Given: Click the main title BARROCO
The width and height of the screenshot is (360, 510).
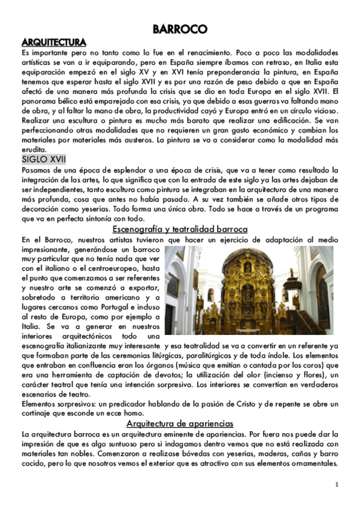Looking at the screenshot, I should click(180, 29).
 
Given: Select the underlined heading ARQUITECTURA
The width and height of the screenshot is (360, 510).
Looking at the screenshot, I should click(53, 42).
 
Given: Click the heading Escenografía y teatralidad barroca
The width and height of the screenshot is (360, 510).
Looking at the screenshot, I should click(180, 229).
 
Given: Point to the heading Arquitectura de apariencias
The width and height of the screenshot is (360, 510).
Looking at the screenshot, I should click(180, 423).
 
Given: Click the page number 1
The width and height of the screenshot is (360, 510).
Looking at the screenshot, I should click(337, 484).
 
